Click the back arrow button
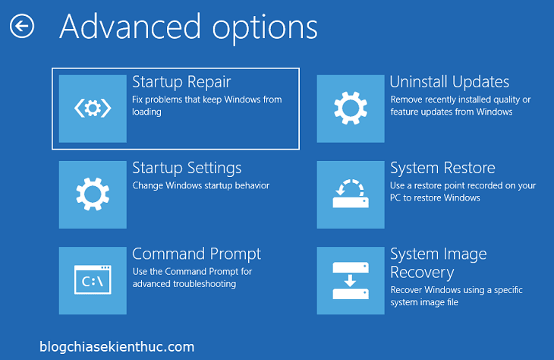point(22,26)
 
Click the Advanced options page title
point(189,28)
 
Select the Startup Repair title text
point(181,82)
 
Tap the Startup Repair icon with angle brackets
point(93,109)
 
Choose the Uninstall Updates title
point(449,82)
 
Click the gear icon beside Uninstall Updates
point(351,109)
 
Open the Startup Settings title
point(187,169)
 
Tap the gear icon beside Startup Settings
point(93,194)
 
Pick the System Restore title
point(442,168)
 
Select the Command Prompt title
point(197,254)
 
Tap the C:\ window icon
point(93,280)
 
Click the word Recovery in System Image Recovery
point(422,273)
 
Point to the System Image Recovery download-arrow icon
point(351,280)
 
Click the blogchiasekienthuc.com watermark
point(117,347)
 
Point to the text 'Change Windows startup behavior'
point(201,185)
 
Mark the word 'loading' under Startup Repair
point(146,112)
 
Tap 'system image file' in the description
point(424,302)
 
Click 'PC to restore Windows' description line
point(435,197)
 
